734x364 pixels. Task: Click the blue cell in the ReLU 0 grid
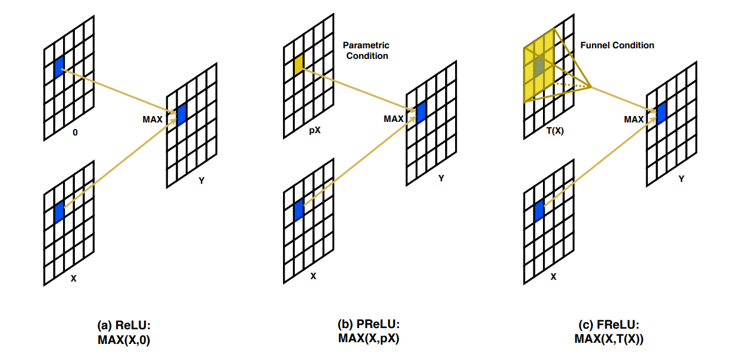(x=58, y=68)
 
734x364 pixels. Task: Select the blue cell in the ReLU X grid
(x=58, y=212)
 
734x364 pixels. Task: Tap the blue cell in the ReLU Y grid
(x=182, y=114)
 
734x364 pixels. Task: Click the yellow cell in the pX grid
(x=298, y=65)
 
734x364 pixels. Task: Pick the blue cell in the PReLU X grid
(x=298, y=210)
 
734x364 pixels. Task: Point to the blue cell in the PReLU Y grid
(x=421, y=112)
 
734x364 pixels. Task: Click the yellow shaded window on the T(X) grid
(x=539, y=67)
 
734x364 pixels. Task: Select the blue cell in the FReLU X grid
(x=539, y=211)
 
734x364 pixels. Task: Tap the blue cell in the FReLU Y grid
(x=661, y=112)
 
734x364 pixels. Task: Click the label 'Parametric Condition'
(x=366, y=51)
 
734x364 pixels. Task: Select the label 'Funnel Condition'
(x=617, y=45)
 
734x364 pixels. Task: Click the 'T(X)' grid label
(x=554, y=131)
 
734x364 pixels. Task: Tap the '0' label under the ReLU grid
(x=75, y=133)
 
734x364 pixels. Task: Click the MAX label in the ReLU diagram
(x=153, y=119)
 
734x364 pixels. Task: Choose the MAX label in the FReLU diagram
(x=634, y=120)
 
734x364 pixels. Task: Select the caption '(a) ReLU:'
(x=124, y=326)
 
